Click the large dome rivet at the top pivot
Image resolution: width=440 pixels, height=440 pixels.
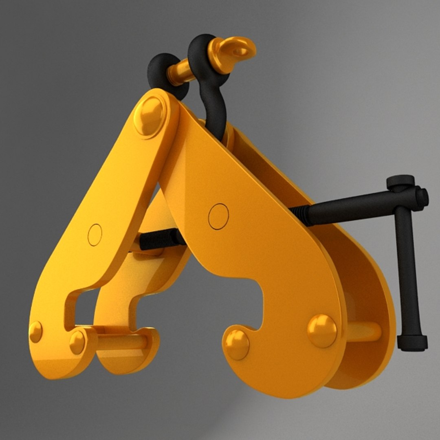tap(150, 115)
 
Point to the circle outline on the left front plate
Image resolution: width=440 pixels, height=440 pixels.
tap(95, 235)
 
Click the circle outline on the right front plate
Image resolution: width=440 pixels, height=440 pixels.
tap(218, 216)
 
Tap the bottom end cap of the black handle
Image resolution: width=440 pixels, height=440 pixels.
tap(412, 343)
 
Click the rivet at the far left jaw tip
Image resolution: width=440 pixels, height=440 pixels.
tap(36, 332)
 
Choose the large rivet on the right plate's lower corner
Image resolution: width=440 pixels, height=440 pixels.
tap(322, 330)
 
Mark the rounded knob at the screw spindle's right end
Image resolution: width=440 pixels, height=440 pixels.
tap(422, 197)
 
